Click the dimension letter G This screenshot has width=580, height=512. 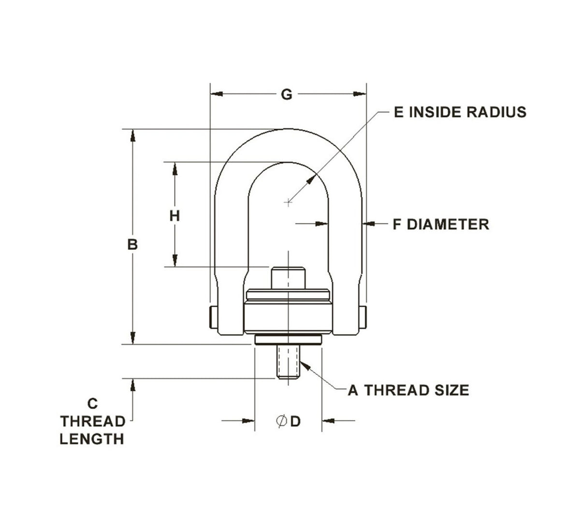coord(287,94)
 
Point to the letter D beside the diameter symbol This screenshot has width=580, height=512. coord(295,422)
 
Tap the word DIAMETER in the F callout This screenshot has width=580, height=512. coord(448,224)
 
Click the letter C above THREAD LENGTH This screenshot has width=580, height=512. coord(93,403)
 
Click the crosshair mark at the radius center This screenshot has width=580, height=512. coord(289,202)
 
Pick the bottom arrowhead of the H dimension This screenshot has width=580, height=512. coord(174,261)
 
